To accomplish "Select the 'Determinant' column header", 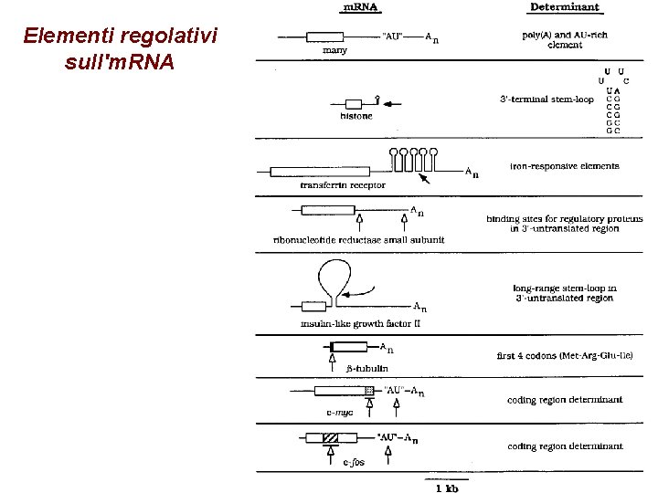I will pos(565,7).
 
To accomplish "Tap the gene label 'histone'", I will pos(356,117).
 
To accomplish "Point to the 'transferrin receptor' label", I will pos(343,184).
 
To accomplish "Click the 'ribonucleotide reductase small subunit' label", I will pos(366,238).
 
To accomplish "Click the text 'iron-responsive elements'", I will pos(565,166).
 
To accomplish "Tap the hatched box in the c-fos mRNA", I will pos(330,438).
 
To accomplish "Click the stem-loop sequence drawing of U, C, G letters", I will pos(612,100).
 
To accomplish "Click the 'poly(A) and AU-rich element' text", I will pos(565,39).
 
